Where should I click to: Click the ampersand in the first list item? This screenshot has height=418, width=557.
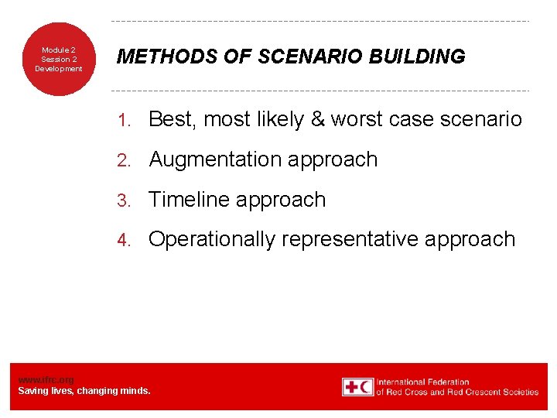point(318,119)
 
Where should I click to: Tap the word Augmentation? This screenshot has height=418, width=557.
point(215,159)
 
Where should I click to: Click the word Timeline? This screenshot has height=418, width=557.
point(189,200)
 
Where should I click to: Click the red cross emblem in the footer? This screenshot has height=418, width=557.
point(352,387)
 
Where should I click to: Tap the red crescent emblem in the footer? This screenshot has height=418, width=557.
point(366,387)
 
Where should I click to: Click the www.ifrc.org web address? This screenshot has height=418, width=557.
point(46,380)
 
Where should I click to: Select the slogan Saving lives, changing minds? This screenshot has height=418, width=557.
point(84,391)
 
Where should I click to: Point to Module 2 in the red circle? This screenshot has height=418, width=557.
point(59,50)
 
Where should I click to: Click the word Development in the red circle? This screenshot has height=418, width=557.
point(59,69)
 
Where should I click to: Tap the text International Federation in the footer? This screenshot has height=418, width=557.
point(422,382)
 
